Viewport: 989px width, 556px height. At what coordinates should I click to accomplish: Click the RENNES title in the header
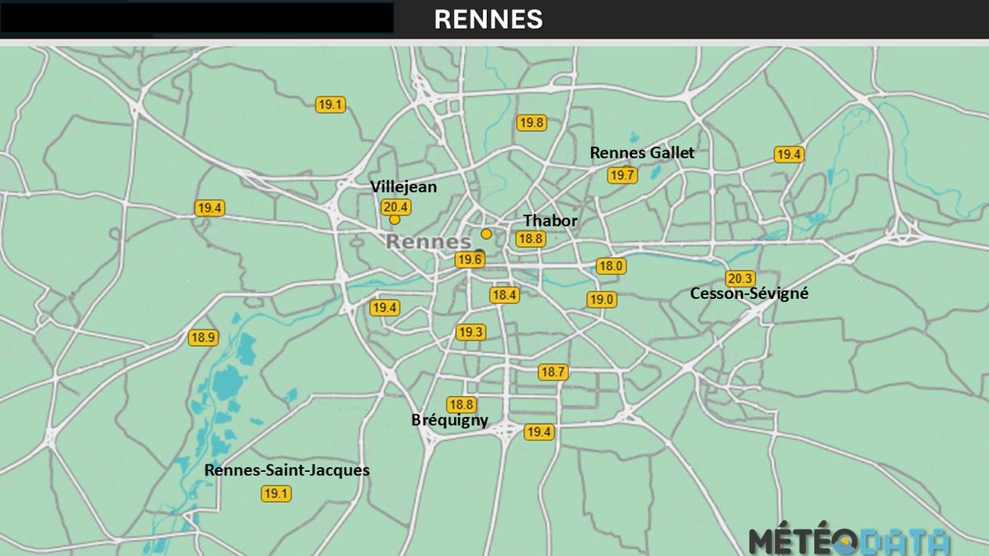[x=488, y=20]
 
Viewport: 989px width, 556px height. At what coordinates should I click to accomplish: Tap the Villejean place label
[x=404, y=187]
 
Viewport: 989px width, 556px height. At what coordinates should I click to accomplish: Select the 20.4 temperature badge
[x=396, y=207]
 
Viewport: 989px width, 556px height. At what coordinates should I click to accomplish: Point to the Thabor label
[x=551, y=221]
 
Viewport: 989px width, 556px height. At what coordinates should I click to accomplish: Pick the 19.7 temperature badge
[x=622, y=175]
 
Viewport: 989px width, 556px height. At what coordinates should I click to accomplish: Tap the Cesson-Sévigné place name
[x=749, y=293]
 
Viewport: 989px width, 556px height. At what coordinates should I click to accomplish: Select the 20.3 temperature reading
[x=740, y=278]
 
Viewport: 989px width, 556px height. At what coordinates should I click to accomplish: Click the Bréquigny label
[x=450, y=420]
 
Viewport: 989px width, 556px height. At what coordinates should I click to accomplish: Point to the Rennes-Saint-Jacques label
[x=287, y=470]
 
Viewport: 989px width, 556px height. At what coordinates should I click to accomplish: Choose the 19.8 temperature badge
[x=532, y=123]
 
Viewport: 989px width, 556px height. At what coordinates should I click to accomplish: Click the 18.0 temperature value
[x=612, y=266]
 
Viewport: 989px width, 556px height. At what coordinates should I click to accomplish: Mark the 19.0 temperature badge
[x=601, y=299]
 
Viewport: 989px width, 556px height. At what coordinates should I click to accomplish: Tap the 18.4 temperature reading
[x=504, y=294]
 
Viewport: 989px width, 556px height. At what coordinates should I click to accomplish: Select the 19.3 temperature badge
[x=471, y=332]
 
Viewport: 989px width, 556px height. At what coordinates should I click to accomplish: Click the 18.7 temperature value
[x=553, y=372]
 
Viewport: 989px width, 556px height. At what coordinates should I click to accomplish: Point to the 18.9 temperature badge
[x=203, y=337]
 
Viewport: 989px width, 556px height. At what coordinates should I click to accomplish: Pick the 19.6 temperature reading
[x=470, y=259]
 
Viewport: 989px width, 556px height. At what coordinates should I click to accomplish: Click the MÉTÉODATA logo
[x=849, y=541]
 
